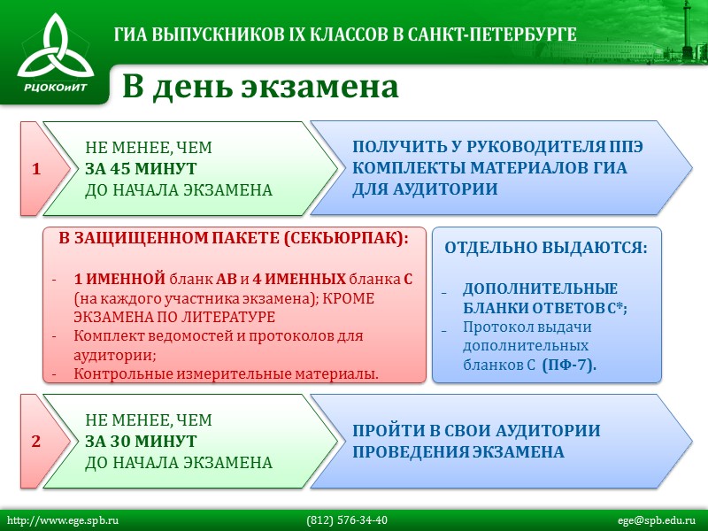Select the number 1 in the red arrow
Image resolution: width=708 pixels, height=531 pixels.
(x=36, y=169)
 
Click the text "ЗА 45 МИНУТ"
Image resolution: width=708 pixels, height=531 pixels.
(x=141, y=169)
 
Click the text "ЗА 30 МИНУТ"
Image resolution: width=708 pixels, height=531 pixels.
(x=141, y=441)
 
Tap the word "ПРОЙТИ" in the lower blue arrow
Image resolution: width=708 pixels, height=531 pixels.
(x=390, y=431)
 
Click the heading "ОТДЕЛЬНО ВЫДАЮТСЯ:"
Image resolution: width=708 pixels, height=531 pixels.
(x=545, y=249)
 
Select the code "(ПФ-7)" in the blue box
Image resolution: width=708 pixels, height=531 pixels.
(x=569, y=365)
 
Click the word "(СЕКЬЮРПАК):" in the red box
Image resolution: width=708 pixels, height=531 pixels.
(x=350, y=239)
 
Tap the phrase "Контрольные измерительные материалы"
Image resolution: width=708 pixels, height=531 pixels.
(x=226, y=373)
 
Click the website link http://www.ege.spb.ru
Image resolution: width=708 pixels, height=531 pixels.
(x=63, y=520)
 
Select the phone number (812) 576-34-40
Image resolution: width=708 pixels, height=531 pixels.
(x=347, y=520)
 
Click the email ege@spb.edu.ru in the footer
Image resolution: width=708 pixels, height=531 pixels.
(x=657, y=520)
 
